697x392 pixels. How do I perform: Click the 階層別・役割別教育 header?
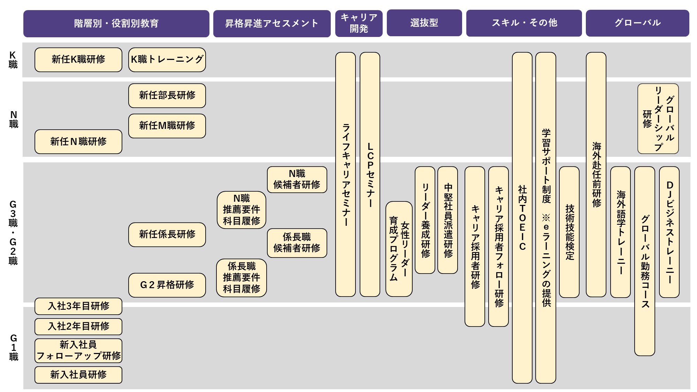[x=116, y=23]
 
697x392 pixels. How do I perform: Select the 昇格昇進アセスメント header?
[x=272, y=23]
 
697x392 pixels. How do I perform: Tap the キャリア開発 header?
[x=359, y=23]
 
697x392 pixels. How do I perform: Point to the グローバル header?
[x=637, y=23]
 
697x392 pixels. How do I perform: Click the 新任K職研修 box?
[x=78, y=60]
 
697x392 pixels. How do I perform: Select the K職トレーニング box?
[x=167, y=60]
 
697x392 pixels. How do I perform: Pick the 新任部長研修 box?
[x=167, y=95]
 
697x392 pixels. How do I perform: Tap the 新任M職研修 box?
[x=167, y=126]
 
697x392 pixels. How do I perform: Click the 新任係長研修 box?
[x=167, y=235]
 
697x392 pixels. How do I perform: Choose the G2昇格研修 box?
[x=167, y=285]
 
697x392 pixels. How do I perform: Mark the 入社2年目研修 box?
[x=78, y=326]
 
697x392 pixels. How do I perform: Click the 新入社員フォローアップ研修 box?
[x=78, y=351]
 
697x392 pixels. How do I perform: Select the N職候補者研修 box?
[x=297, y=179]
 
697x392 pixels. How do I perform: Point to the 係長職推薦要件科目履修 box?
[x=242, y=278]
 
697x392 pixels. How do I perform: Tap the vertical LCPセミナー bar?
[x=370, y=174]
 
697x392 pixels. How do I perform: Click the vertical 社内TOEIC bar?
[x=522, y=218]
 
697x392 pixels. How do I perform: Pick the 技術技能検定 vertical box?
[x=569, y=232]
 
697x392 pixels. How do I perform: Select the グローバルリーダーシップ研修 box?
[x=658, y=118]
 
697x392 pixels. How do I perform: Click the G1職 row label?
[x=13, y=347]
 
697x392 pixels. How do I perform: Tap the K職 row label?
[x=13, y=60]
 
